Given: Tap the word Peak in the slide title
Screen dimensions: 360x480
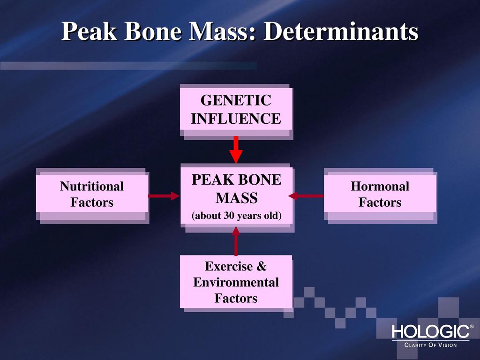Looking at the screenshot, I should [x=88, y=32].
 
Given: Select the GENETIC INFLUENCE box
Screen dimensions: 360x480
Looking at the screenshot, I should [x=236, y=109].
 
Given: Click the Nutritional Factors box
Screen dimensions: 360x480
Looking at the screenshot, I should [x=91, y=194].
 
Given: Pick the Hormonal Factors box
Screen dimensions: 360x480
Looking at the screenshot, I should [x=380, y=194].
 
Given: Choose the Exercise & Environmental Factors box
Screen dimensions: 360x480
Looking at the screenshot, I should [x=236, y=282].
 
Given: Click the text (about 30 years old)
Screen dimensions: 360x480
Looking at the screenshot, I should [x=236, y=216].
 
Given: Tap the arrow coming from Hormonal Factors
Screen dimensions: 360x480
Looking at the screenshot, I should [x=307, y=195].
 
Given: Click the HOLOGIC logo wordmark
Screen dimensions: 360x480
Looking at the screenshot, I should [x=430, y=332].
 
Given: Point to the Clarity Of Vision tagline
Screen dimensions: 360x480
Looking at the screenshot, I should [x=430, y=345].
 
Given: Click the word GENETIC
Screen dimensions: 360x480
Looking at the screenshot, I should [x=236, y=101].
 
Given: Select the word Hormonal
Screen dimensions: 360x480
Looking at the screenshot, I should [x=380, y=187].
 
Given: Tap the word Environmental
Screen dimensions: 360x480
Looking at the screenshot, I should [x=236, y=283].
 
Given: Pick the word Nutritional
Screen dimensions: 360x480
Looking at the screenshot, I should [x=92, y=187].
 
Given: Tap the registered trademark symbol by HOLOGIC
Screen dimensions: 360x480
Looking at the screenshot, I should [x=471, y=327].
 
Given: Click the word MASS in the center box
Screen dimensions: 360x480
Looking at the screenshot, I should [x=236, y=198].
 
